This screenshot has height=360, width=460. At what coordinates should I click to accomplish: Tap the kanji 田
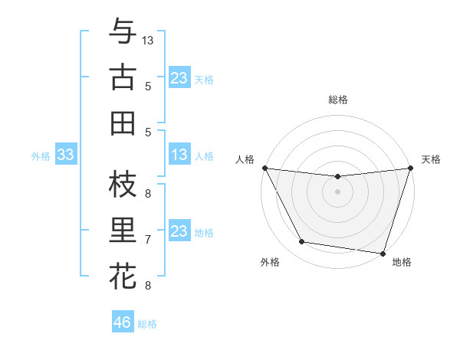(123, 123)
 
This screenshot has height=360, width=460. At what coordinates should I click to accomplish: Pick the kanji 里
(123, 231)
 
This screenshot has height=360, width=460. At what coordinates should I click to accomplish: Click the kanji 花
(123, 276)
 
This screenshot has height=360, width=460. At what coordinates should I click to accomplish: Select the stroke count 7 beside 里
(148, 240)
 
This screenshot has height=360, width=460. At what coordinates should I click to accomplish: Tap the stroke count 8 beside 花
(148, 286)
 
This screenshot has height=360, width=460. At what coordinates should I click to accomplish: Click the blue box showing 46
(123, 322)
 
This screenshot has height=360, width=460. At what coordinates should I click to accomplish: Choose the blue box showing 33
(65, 155)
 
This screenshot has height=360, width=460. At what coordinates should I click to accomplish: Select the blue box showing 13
(179, 155)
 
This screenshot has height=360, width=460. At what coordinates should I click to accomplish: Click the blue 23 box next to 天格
(179, 78)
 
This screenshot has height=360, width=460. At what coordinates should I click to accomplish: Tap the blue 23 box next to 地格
(179, 231)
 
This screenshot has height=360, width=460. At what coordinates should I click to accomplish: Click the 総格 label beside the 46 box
(147, 324)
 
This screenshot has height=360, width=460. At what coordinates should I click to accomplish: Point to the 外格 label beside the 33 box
(41, 156)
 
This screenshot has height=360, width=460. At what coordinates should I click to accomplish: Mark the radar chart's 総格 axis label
(338, 100)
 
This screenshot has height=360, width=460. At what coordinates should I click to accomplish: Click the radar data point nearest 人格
(264, 168)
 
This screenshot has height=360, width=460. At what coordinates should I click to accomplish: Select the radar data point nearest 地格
(383, 253)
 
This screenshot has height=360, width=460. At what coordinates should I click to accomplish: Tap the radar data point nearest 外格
(301, 242)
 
